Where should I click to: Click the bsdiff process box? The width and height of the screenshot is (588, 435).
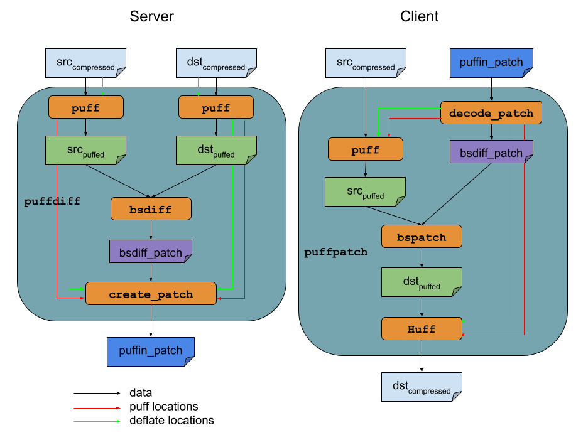151,209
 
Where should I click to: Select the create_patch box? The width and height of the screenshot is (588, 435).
151,294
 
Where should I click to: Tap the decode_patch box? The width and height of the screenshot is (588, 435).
491,113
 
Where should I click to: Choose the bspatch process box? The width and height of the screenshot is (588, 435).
422,237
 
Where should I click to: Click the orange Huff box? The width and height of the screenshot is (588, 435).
422,328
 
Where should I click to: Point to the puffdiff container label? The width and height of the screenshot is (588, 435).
52,201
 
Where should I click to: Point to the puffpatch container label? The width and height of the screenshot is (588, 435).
336,252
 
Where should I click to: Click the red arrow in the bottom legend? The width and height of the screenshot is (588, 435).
97,408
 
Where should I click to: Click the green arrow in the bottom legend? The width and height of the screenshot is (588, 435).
97,421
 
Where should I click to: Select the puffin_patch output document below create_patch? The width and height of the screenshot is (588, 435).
151,351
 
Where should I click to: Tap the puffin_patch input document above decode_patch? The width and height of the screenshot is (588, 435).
491,63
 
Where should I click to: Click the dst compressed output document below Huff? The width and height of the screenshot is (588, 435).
422,387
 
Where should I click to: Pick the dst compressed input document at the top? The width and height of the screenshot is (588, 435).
216,63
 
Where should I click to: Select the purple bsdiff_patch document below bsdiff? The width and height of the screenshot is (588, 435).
151,252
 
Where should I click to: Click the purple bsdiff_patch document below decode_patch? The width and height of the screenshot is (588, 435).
491,153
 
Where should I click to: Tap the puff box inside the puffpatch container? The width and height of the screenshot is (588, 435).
365,149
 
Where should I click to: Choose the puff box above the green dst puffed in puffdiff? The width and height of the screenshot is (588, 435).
216,108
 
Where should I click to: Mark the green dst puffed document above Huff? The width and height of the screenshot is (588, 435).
422,282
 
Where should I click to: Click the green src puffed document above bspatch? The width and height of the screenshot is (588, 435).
365,191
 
